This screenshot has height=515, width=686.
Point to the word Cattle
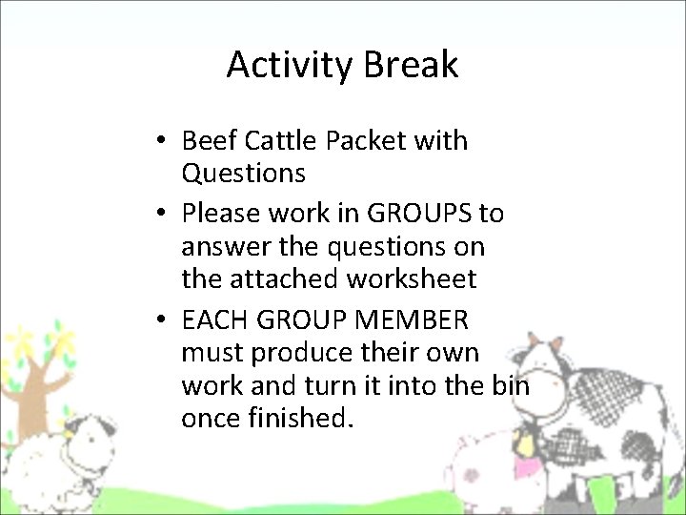click(281, 141)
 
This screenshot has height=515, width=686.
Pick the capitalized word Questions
click(243, 174)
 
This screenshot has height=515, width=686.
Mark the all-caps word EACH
click(211, 319)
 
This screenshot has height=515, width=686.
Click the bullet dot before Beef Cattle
click(164, 141)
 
